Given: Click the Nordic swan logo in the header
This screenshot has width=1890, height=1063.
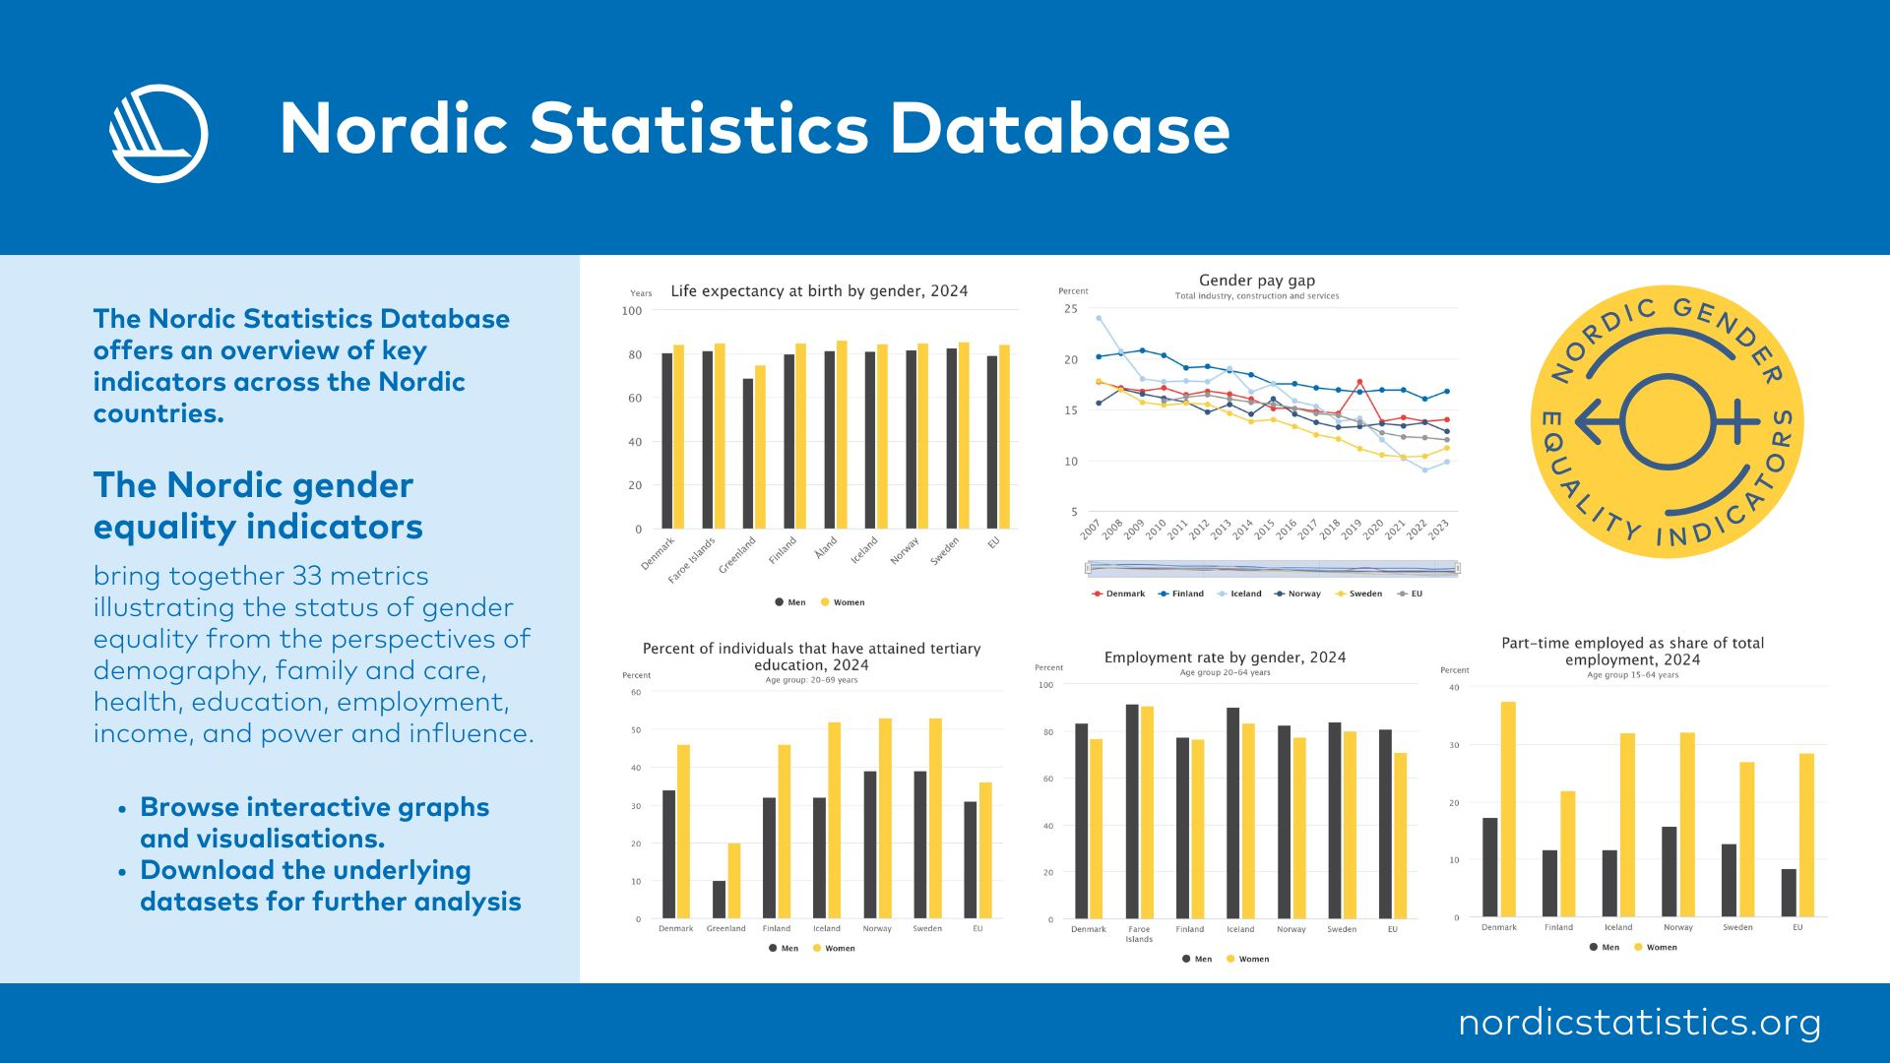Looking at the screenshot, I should tap(158, 134).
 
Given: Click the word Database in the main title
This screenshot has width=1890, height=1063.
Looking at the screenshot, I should tap(1060, 129).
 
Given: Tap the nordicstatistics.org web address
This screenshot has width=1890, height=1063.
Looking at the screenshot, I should tap(1639, 1022).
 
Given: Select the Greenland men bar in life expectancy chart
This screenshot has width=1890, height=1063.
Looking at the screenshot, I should tap(748, 454).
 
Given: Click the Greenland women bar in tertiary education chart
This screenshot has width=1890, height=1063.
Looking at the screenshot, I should tap(734, 880).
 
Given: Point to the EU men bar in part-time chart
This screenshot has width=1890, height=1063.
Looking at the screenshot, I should tap(1789, 893).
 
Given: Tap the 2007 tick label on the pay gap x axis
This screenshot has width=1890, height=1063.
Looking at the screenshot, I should tap(1090, 530).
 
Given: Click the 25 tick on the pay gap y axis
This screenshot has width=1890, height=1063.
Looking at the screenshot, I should tap(1071, 309).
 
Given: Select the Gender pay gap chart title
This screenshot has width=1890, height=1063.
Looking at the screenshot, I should tap(1257, 281).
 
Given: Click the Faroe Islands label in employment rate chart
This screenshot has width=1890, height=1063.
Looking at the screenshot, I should tap(1139, 934).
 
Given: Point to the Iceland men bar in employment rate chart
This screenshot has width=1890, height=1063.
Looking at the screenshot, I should tap(1232, 813).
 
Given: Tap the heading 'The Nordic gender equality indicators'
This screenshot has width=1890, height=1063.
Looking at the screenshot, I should tap(258, 506).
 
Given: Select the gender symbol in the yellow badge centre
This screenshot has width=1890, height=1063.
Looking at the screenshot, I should tap(1668, 421).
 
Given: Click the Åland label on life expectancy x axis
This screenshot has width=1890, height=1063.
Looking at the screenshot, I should tap(826, 546).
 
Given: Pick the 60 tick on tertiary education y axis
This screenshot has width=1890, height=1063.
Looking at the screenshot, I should tap(636, 692).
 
